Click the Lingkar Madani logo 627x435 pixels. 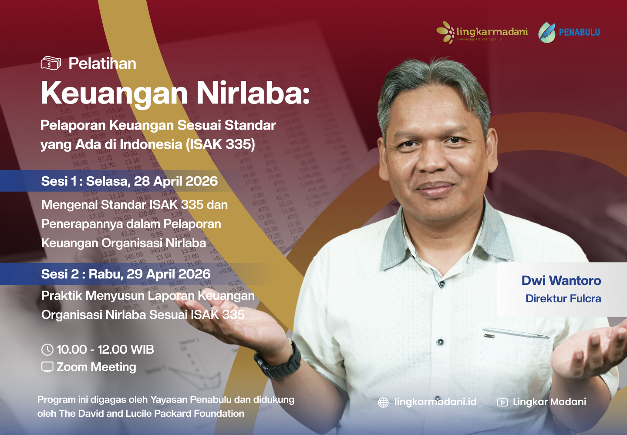tap(482, 32)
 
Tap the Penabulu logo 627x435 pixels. tap(569, 32)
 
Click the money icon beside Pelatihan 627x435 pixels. tap(51, 64)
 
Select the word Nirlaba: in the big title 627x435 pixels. tap(253, 93)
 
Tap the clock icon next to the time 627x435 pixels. tap(47, 350)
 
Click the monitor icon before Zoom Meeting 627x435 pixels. tap(47, 367)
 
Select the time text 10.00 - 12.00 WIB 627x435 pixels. tap(105, 350)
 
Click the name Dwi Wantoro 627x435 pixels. tap(561, 281)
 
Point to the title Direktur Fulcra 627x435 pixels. tap(563, 299)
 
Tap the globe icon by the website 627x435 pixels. tap(383, 402)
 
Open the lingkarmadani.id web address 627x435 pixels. tap(435, 402)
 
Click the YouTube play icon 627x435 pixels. tap(502, 402)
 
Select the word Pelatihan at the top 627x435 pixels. tap(102, 64)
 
